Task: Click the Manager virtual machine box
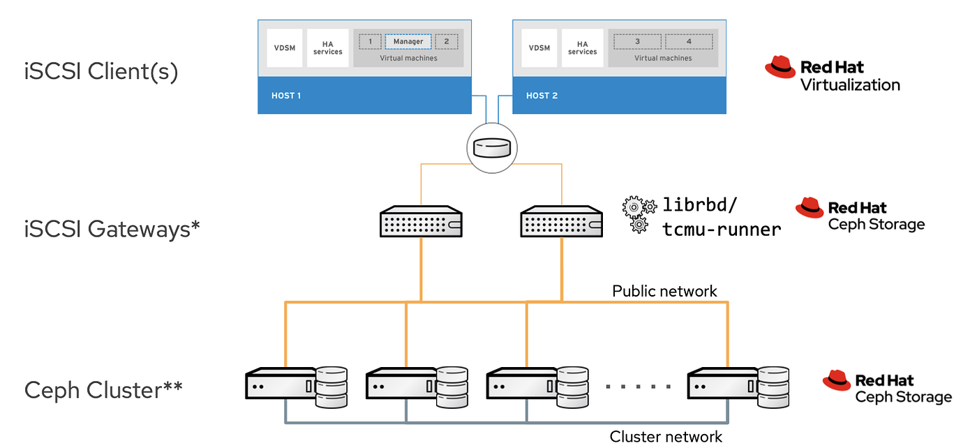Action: (x=408, y=42)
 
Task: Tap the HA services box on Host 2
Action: (x=582, y=48)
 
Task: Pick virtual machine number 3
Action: (x=637, y=42)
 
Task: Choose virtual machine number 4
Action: (x=689, y=42)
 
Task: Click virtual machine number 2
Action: (x=447, y=42)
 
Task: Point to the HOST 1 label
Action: (x=286, y=96)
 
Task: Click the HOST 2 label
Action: (x=542, y=96)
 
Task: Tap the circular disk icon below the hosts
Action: (x=491, y=148)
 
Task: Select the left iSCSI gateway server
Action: (x=421, y=222)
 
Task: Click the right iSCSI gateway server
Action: (x=561, y=222)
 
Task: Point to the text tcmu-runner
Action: (x=722, y=229)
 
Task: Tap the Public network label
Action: (x=664, y=291)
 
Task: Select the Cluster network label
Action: (x=666, y=437)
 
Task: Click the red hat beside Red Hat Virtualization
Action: (x=780, y=68)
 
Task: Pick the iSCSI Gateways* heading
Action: (x=112, y=228)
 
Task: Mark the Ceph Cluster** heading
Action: (x=103, y=389)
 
